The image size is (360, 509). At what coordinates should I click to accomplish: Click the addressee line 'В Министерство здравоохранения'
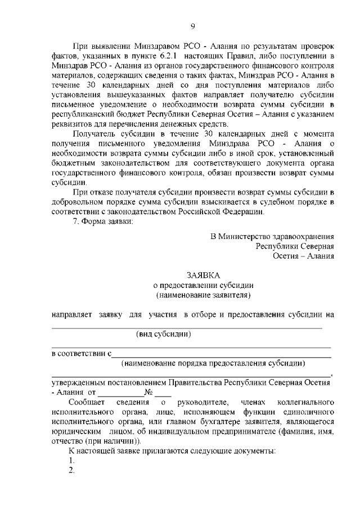[x=272, y=236]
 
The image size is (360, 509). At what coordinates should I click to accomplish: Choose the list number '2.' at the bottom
[x=72, y=470]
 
